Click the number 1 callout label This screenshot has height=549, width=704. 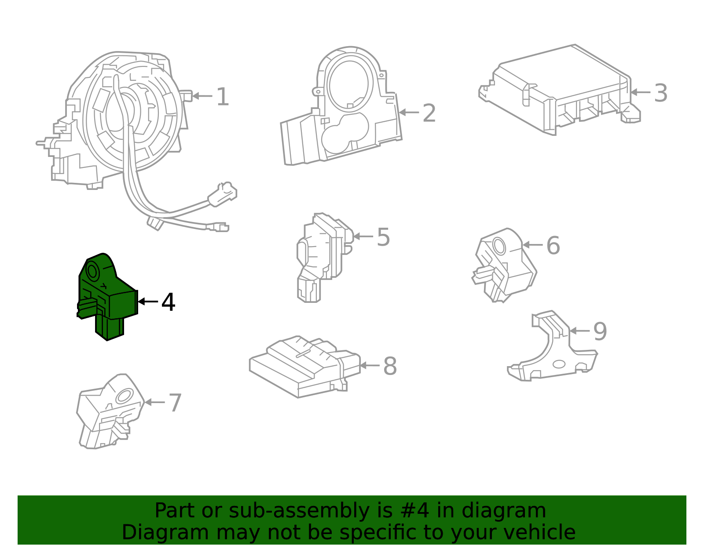223,97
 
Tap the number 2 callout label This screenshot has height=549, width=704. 429,113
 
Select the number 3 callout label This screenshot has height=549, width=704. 660,93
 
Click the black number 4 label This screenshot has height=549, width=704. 168,302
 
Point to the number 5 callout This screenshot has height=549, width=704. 383,237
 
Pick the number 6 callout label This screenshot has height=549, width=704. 553,245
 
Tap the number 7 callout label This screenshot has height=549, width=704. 175,403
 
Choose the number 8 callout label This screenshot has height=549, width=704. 390,366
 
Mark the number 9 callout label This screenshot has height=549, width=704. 600,331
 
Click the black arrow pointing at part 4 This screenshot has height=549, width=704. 147,302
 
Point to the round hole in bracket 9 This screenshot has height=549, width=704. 559,364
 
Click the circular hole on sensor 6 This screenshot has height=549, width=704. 499,245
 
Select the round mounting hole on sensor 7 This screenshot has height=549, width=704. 125,396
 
